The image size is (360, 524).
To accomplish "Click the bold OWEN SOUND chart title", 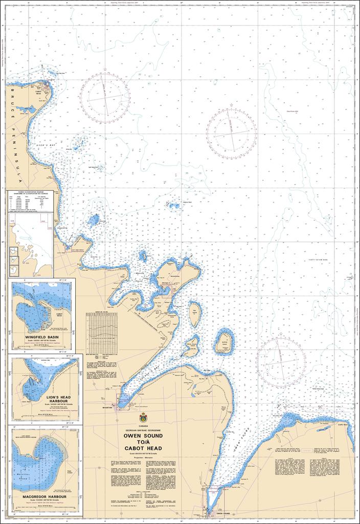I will coord(143,436).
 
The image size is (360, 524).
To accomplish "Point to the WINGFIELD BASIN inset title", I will coord(42,337).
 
